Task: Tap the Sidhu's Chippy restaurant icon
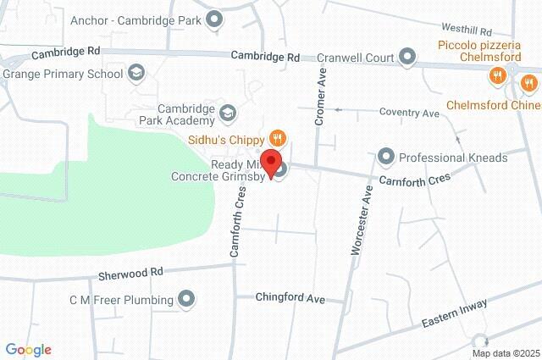pos(276,138)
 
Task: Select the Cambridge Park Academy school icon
pos(227,112)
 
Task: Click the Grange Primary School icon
pos(135,74)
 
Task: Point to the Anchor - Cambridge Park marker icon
pos(215,19)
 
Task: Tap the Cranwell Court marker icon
pos(407,58)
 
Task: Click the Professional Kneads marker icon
pos(386,157)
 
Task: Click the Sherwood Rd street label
pos(130,274)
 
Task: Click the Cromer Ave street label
pos(321,97)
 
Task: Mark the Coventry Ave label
pos(409,113)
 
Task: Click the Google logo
pos(28,350)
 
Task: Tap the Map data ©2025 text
pos(506,352)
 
